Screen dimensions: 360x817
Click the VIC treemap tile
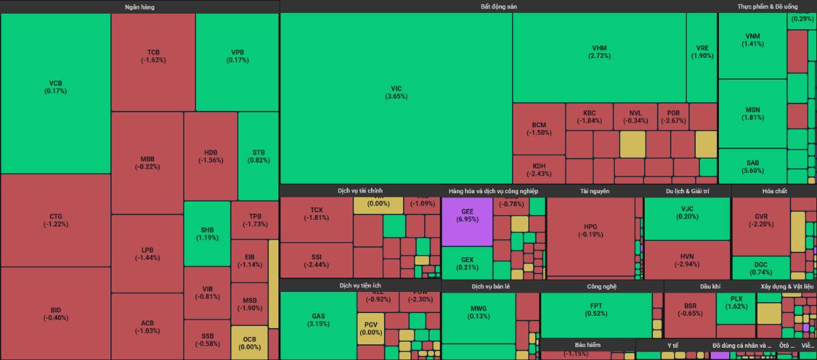click(x=396, y=93)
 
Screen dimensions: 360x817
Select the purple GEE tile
click(x=467, y=216)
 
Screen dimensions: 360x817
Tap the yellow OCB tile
click(x=249, y=343)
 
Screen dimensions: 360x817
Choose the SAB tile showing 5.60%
click(x=752, y=167)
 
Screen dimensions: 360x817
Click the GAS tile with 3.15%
click(x=318, y=320)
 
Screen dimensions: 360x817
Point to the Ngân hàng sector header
click(x=140, y=6)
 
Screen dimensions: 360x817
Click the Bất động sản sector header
click(x=498, y=6)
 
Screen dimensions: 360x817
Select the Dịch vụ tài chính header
click(x=360, y=191)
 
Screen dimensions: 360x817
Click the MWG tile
click(x=479, y=312)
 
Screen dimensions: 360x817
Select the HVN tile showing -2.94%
click(x=687, y=260)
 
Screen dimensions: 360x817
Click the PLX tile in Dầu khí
click(x=736, y=303)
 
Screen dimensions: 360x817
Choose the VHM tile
click(x=599, y=52)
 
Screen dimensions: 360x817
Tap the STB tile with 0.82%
click(x=258, y=156)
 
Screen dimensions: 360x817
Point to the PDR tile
click(x=673, y=116)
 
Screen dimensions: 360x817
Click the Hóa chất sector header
click(x=774, y=191)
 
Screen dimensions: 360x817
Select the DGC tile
click(x=760, y=268)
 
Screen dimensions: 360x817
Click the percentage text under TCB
click(x=153, y=60)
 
